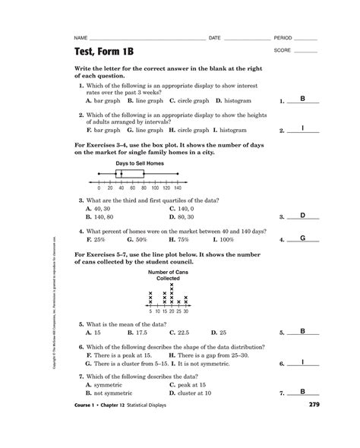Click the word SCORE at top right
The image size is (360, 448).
tap(283, 50)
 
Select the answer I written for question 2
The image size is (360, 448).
tap(302, 129)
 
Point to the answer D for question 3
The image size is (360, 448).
tap(302, 216)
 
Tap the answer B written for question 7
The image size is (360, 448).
tap(302, 392)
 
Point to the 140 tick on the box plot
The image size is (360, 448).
tap(177, 187)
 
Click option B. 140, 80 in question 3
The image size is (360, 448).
tap(104, 217)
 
